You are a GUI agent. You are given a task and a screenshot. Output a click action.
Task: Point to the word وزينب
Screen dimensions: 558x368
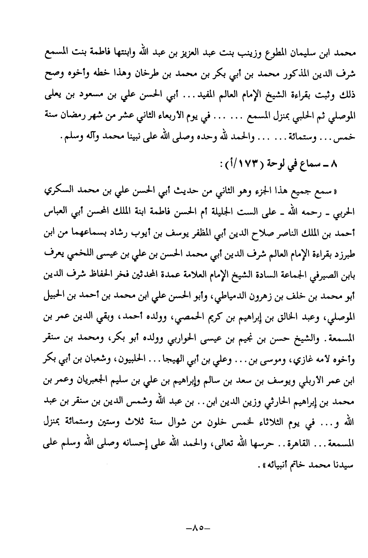221,53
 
